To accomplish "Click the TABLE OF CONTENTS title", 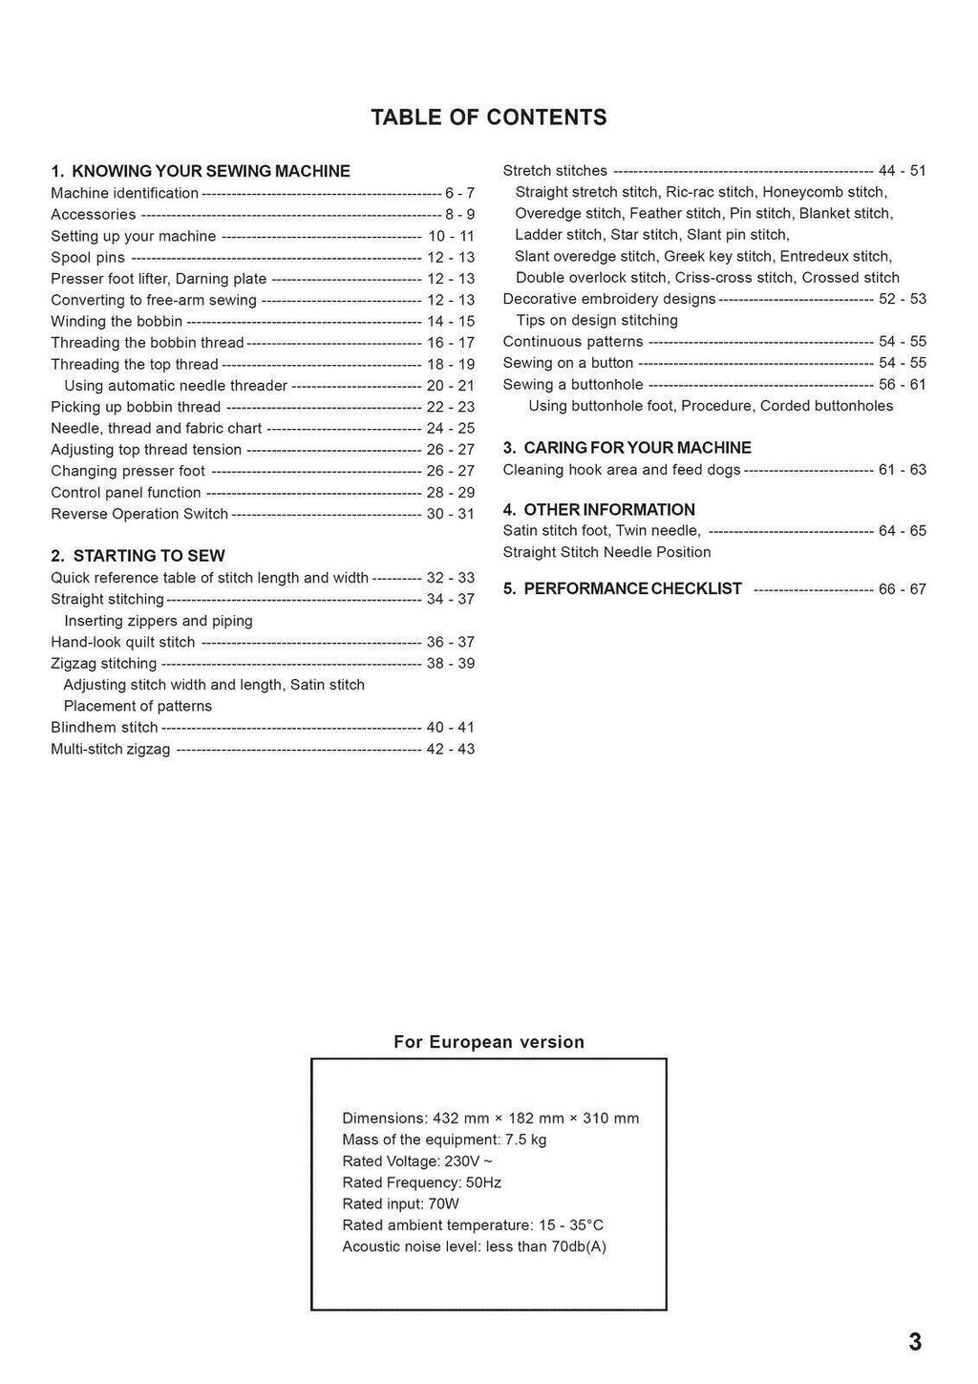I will click(x=488, y=117).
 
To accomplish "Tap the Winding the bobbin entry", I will click(x=117, y=322).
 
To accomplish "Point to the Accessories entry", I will click(x=94, y=215).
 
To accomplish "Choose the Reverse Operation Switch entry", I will click(x=139, y=514).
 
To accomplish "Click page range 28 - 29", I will click(x=450, y=493).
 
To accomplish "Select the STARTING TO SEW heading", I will click(x=138, y=556).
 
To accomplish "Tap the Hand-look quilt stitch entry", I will click(x=123, y=643).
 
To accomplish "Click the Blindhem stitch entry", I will click(x=104, y=728).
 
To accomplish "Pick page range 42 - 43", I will click(x=450, y=750).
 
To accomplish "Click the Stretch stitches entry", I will click(x=555, y=171).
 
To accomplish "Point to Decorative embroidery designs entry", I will click(x=609, y=299).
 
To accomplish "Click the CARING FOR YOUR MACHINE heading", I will click(x=627, y=448).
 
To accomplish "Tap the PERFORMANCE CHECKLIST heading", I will click(x=623, y=589).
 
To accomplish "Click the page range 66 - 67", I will click(x=903, y=589).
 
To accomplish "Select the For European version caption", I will click(x=489, y=1042).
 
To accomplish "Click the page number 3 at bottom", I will click(x=915, y=1342).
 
